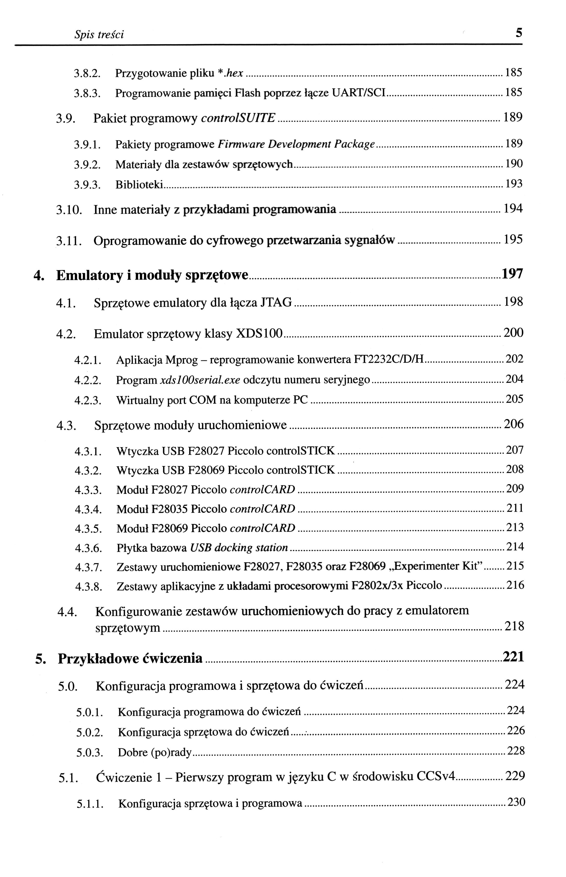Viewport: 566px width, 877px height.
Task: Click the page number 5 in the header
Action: coord(518,33)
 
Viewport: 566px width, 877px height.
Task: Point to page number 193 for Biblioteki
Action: coord(514,184)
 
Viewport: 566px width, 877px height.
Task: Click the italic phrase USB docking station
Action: coord(239,548)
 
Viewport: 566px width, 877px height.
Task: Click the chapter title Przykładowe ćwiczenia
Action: coord(130,659)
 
